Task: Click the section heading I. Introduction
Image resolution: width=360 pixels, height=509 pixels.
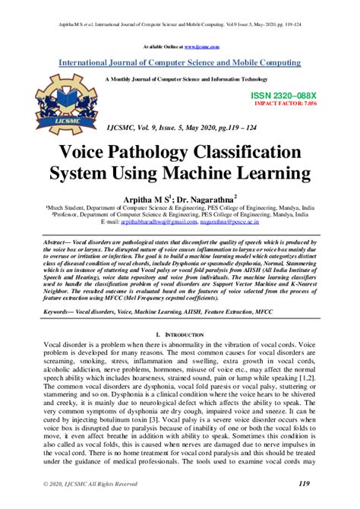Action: (x=180, y=333)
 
